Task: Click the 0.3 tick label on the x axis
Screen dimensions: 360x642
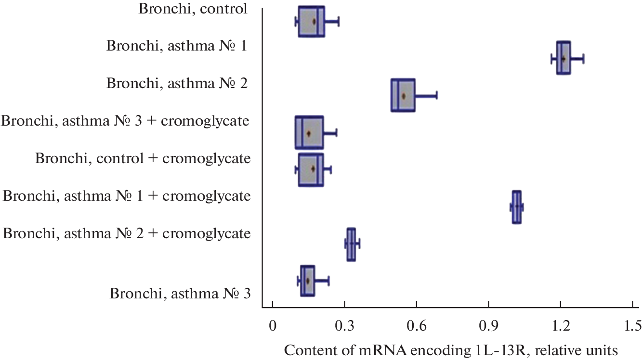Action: point(344,326)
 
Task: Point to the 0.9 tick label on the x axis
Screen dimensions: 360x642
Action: point(488,326)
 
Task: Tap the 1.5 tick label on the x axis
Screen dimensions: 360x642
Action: point(631,326)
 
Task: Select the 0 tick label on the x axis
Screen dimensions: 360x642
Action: point(273,326)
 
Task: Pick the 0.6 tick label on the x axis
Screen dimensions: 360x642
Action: point(416,326)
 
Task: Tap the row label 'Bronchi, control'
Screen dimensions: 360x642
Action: point(193,9)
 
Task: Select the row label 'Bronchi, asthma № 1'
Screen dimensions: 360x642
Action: point(177,46)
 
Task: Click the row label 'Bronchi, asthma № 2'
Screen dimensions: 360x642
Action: point(177,83)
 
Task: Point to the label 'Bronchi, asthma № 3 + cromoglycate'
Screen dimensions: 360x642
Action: point(125,120)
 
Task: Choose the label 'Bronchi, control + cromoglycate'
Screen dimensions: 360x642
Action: point(143,158)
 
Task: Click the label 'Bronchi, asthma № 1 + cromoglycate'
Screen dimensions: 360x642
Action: point(127,196)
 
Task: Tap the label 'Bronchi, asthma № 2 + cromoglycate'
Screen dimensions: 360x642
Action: point(127,234)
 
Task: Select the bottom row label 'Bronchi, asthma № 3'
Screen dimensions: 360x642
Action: point(180,293)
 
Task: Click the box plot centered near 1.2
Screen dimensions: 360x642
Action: point(563,58)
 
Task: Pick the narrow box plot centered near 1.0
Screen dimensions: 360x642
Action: point(516,207)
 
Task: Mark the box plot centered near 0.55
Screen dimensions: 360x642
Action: point(403,95)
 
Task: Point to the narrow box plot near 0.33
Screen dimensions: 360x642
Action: point(351,244)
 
